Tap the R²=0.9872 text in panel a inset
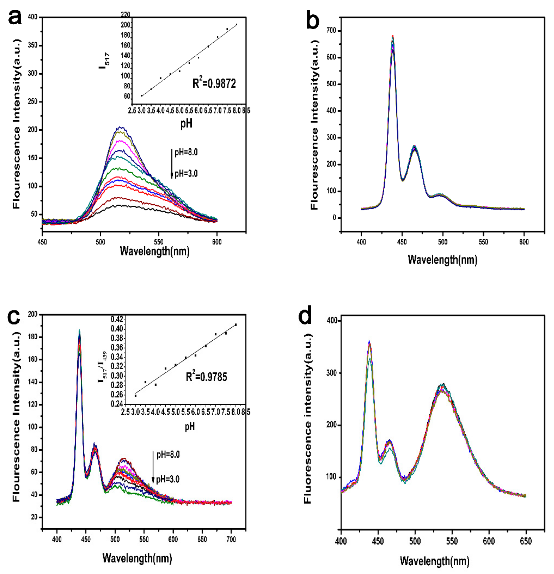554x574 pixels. point(214,84)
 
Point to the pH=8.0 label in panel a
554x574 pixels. point(186,153)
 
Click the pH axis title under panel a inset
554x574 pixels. point(186,124)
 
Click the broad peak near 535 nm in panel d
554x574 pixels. point(442,386)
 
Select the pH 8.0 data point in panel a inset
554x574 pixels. point(236,25)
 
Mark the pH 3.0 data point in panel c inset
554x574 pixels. point(135,396)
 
